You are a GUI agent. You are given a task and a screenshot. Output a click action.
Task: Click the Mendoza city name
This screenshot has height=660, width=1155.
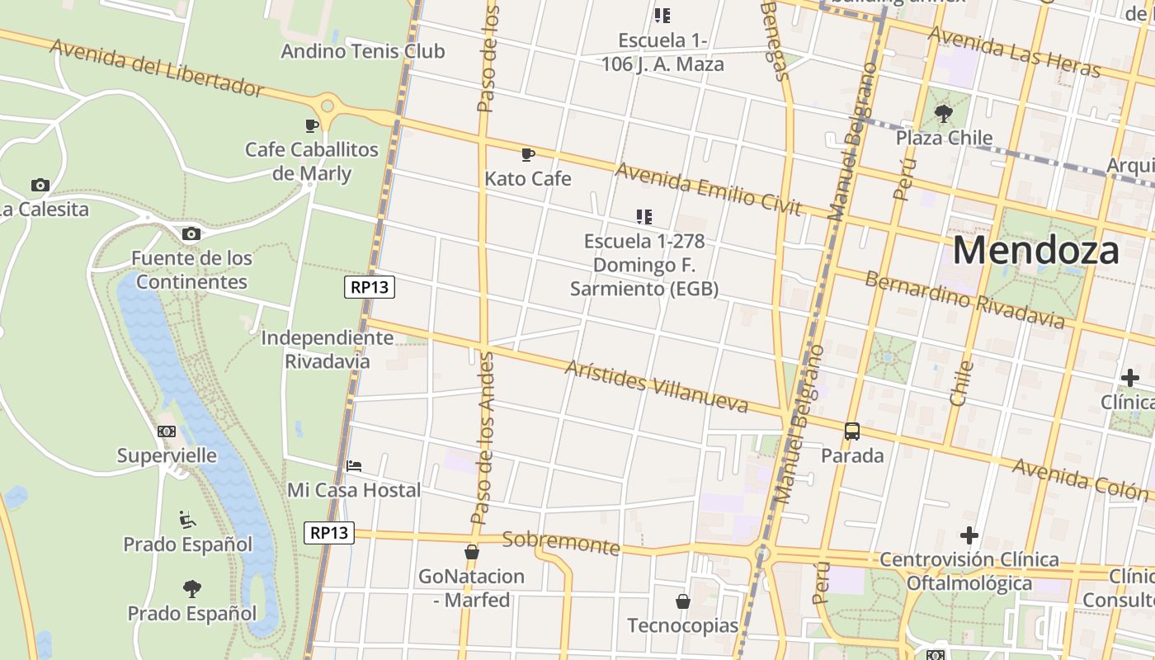[x=1035, y=250]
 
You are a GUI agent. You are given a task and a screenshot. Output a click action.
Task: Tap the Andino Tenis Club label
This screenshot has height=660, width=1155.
[x=363, y=51]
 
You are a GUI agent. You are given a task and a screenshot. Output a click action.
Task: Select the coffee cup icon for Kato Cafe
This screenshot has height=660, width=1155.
[x=528, y=154]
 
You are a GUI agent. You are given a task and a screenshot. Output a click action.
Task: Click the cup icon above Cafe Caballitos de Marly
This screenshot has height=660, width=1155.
[x=311, y=125]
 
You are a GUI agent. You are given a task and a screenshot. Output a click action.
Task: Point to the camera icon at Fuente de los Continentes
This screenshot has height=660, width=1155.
[x=191, y=234]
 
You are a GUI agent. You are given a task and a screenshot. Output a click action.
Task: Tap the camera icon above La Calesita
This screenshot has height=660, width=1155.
[x=40, y=185]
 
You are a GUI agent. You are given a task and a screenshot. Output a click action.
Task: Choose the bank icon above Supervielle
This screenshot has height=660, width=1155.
[x=167, y=431]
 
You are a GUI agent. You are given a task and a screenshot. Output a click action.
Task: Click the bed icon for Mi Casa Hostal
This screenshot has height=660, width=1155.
[x=354, y=466]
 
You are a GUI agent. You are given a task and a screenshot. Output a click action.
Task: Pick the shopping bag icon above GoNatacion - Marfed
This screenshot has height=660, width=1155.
[x=471, y=552]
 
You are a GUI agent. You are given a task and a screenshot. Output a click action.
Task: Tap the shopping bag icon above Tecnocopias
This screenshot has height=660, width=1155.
[x=682, y=601]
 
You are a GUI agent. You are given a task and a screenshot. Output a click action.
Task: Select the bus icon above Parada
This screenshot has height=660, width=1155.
[x=852, y=431]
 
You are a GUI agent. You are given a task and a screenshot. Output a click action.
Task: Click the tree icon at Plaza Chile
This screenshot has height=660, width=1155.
[x=944, y=113]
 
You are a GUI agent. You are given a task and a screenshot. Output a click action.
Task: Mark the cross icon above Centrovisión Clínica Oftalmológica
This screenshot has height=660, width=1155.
[x=969, y=535]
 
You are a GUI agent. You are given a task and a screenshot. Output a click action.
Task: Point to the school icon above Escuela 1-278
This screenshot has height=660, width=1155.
[x=644, y=217]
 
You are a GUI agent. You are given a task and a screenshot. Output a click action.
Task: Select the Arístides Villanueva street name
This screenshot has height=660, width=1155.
[x=656, y=385]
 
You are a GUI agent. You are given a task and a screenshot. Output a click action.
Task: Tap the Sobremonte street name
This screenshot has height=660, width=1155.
[x=561, y=542]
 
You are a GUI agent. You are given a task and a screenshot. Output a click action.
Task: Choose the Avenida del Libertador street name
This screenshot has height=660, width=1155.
[x=157, y=67]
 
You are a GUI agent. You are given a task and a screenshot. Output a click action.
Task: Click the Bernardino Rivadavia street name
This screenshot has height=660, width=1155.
[x=964, y=299]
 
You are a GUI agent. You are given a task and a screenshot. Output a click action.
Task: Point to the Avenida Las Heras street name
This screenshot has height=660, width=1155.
[x=1014, y=51]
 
